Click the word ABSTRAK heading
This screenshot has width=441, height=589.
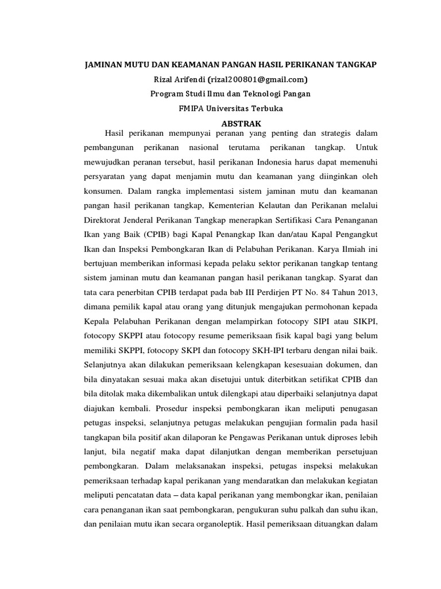tap(241, 124)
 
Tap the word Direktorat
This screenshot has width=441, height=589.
tap(98, 220)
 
